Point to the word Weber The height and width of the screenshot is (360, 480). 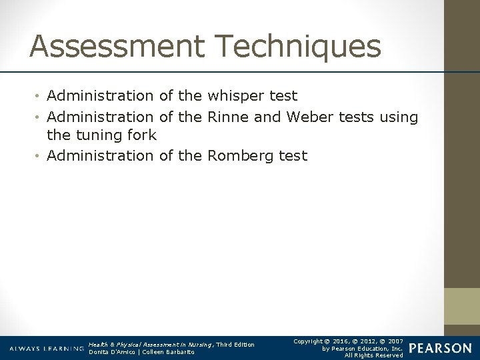click(x=308, y=117)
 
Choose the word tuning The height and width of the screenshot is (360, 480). click(x=95, y=136)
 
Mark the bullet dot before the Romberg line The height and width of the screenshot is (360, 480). click(x=41, y=156)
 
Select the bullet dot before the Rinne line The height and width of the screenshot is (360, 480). click(x=41, y=119)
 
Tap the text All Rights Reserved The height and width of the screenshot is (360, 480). click(x=373, y=355)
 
